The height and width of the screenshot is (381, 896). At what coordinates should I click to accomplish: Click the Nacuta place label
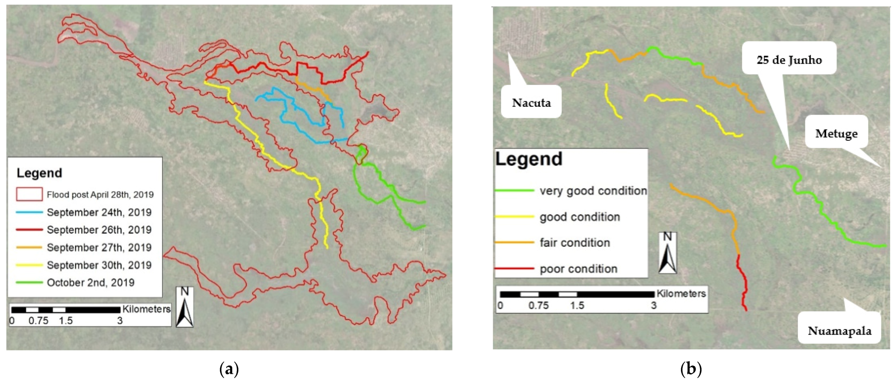531,103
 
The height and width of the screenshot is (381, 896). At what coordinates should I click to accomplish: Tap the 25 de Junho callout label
789,60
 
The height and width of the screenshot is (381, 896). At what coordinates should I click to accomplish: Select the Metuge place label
836,133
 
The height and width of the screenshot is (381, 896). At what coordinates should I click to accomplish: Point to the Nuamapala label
839,331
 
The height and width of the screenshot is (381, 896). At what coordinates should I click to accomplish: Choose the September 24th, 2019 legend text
99,212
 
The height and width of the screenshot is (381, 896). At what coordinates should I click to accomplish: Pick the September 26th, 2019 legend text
99,230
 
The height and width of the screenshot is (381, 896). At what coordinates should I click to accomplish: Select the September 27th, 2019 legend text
99,247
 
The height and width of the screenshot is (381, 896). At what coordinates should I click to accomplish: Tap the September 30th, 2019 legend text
99,265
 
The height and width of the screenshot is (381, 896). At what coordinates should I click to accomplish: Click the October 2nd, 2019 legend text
90,283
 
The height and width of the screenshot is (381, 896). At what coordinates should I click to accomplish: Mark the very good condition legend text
593,191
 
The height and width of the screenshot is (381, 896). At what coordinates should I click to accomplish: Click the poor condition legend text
579,269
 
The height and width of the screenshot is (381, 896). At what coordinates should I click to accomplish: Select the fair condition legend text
575,243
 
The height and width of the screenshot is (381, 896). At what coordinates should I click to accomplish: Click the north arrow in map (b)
667,253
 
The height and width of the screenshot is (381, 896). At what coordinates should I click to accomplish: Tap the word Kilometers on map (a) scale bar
147,309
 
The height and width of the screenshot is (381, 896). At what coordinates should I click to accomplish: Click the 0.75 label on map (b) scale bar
538,306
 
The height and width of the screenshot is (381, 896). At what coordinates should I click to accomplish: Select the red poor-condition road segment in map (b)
743,282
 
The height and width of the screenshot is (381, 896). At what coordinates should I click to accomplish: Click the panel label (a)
229,369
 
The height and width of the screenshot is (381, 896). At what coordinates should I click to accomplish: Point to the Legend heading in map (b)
528,159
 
